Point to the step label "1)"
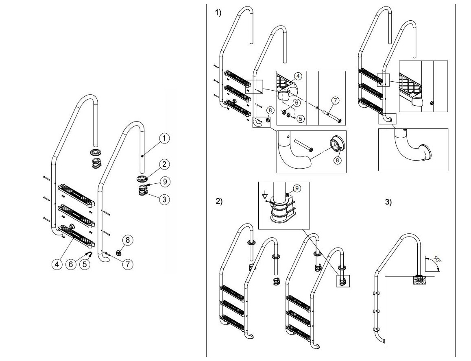218,13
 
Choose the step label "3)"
388,202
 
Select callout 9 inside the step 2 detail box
297,188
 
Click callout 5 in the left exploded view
85,264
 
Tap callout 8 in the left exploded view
127,240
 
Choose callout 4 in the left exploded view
57,264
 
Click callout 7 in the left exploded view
127,264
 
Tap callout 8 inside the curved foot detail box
338,160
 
